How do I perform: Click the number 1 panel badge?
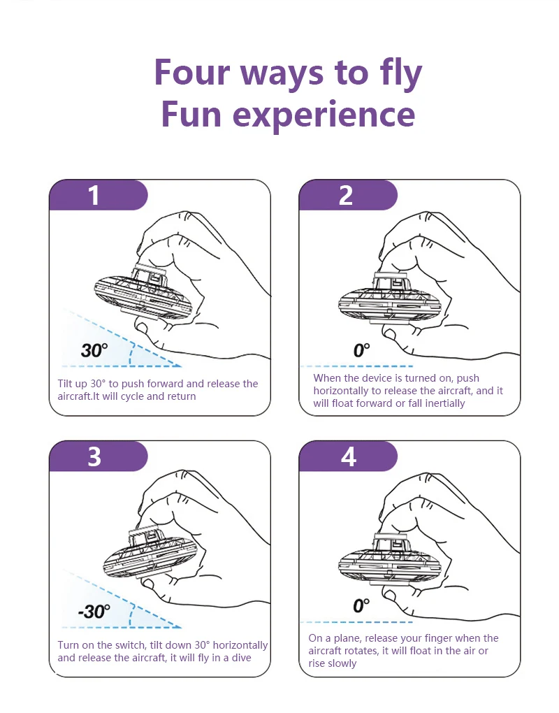pos(95,195)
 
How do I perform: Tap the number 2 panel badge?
pos(346,195)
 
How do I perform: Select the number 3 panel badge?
pos(95,456)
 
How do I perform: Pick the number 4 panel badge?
pos(348,456)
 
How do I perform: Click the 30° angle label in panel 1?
pos(94,350)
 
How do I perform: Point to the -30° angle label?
pos(94,612)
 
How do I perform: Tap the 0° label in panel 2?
pos(361,350)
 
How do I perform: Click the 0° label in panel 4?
pos(361,605)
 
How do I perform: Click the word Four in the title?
pos(193,73)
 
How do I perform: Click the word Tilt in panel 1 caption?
pos(67,384)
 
